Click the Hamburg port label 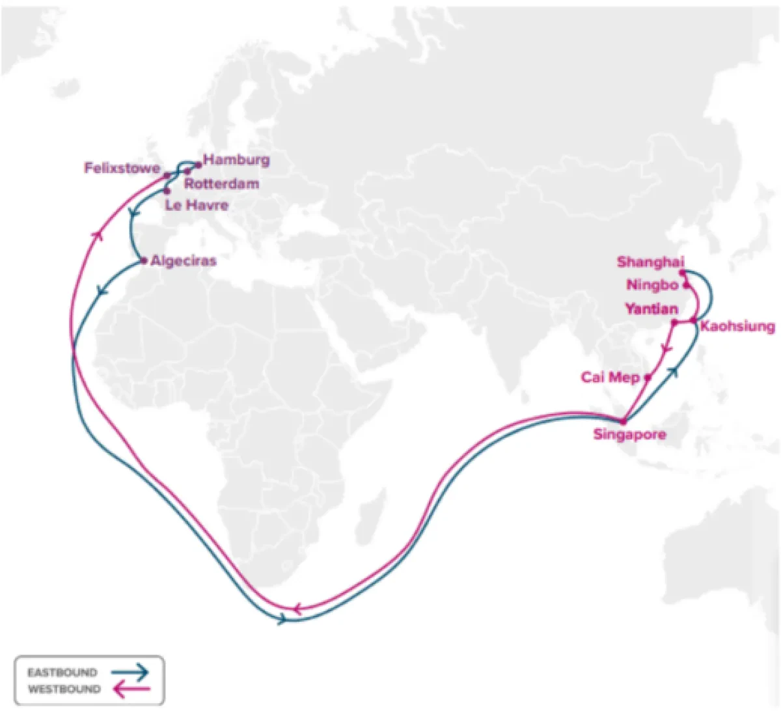pyautogui.click(x=236, y=160)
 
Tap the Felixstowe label pyautogui.click(x=122, y=169)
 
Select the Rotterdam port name pyautogui.click(x=221, y=184)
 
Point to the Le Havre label pyautogui.click(x=197, y=206)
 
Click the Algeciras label pyautogui.click(x=183, y=261)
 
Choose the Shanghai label pyautogui.click(x=650, y=262)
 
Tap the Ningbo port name pyautogui.click(x=652, y=285)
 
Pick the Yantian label pyautogui.click(x=651, y=309)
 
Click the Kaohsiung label pyautogui.click(x=737, y=326)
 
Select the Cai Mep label pyautogui.click(x=610, y=378)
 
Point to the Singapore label pyautogui.click(x=629, y=434)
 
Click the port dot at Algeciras pyautogui.click(x=144, y=261)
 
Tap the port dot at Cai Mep pyautogui.click(x=648, y=378)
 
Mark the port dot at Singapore pyautogui.click(x=623, y=421)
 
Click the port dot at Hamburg pyautogui.click(x=199, y=165)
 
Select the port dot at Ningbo pyautogui.click(x=685, y=285)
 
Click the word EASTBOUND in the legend pyautogui.click(x=62, y=672)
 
